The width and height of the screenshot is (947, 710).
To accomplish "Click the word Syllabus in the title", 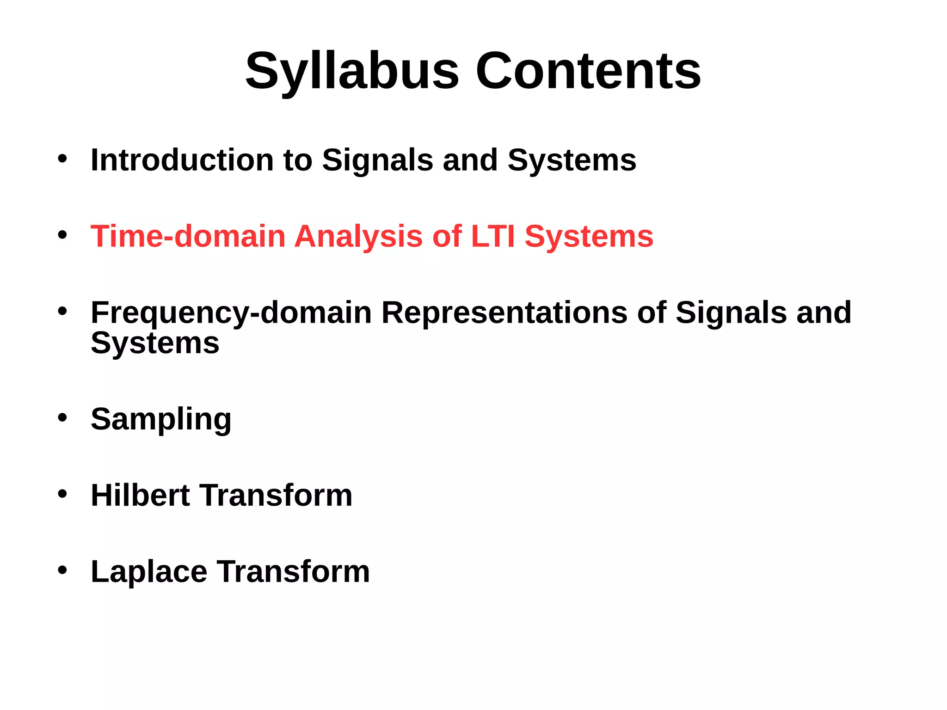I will pos(352,72).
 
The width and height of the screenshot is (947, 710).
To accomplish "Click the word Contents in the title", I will pos(588,72).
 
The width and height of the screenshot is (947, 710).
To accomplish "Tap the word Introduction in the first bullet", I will pos(182,160).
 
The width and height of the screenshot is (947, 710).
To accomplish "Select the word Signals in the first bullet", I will pos(377,160).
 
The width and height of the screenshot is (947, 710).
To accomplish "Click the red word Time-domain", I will pos(188,236).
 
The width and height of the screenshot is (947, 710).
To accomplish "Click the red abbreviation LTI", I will pos(492,236).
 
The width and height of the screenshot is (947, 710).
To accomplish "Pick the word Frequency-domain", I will pos(231,313).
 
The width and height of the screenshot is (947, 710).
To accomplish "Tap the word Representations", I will pos(504,313).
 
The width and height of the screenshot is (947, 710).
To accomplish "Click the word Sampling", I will pos(161,419).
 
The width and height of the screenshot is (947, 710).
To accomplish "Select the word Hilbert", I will pos(140,495).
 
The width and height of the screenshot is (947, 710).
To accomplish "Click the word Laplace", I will pos(149,572).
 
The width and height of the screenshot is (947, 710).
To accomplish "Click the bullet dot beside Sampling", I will pos(62,418).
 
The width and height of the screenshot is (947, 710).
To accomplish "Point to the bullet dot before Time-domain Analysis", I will pos(62,235).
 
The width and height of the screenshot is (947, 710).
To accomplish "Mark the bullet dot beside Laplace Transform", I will pos(62,570).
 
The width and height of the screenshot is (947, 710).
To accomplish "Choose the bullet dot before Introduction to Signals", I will pos(62,159).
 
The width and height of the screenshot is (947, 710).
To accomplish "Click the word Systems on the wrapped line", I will pos(155,343).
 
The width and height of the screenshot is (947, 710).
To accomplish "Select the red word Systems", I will pos(589,236).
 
